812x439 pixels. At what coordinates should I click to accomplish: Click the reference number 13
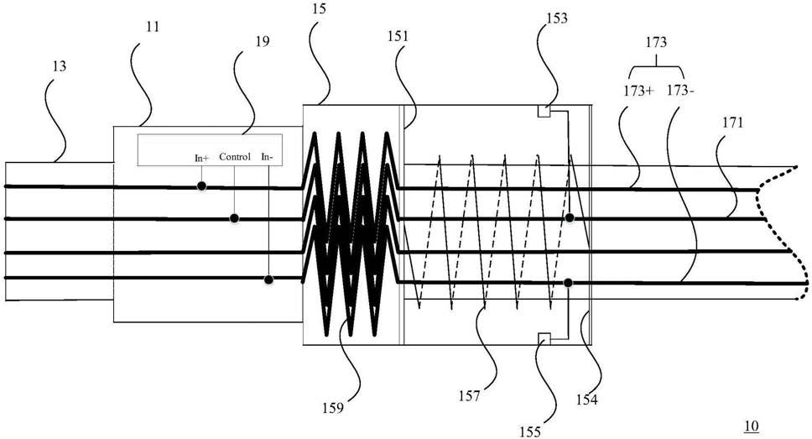pos(59,66)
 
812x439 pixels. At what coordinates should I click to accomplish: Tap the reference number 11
pos(152,26)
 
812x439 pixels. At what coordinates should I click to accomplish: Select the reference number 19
pos(263,41)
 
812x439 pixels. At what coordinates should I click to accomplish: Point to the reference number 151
pos(398,36)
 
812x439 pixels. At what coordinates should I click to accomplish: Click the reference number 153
pos(557,18)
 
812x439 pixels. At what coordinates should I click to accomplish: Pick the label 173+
pos(638,91)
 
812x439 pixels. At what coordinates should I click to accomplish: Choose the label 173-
pos(680,90)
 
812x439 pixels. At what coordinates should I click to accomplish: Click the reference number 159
pos(332,408)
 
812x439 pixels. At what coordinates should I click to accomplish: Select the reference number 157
pos(469,396)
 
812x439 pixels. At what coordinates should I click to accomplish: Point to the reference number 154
pos(586,400)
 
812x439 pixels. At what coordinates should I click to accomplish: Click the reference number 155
pos(530,431)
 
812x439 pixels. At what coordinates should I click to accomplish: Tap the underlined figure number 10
pos(751,426)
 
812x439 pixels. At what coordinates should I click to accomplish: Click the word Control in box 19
pos(235,156)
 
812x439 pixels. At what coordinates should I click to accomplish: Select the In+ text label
pos(201,158)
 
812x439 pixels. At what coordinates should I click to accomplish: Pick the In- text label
pos(267,156)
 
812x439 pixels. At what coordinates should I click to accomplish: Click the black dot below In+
pos(201,186)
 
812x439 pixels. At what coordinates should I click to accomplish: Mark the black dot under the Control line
pos(234,218)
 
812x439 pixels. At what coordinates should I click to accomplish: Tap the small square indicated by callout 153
pos(544,111)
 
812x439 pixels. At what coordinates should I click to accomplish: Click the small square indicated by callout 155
pos(544,339)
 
